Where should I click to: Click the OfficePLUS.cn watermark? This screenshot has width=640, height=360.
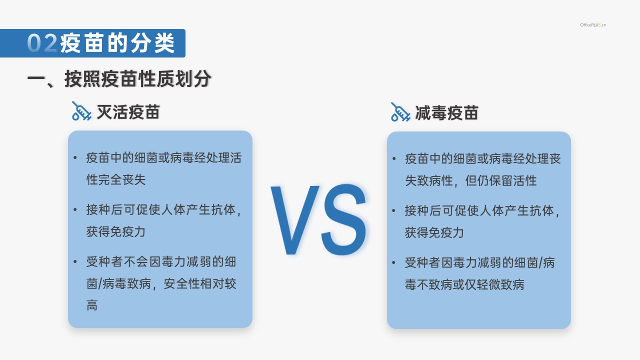[593, 25]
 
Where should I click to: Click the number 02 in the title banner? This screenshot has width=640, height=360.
[42, 43]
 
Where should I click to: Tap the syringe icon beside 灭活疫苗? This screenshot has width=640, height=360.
[81, 111]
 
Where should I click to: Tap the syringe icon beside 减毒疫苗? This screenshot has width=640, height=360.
[400, 111]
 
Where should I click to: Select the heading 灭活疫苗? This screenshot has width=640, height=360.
[128, 111]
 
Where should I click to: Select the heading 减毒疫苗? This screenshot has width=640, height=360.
[446, 113]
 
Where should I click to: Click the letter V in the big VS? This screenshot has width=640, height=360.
[295, 219]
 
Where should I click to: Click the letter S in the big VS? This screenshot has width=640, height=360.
[343, 219]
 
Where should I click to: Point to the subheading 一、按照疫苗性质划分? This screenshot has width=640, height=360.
[119, 78]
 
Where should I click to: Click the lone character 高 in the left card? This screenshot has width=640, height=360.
[92, 305]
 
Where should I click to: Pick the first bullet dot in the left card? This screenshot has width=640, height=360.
[75, 157]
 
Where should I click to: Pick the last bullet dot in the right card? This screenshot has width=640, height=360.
[393, 262]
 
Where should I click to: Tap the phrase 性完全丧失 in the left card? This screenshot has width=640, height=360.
[116, 179]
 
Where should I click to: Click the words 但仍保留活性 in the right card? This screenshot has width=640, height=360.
[501, 180]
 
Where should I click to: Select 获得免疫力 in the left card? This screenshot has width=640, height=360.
[116, 231]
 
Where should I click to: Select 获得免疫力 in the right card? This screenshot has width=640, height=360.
[434, 233]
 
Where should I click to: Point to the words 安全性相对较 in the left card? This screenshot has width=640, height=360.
[199, 283]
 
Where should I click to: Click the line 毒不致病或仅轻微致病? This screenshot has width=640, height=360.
[464, 284]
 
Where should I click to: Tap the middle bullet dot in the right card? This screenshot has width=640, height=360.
[393, 210]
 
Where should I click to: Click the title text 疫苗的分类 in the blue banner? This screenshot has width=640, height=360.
[117, 43]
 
